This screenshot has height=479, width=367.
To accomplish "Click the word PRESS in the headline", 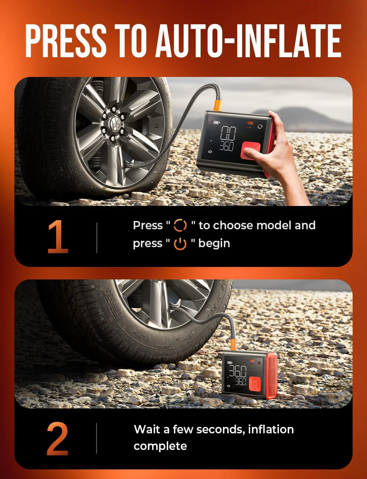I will pos(66,41).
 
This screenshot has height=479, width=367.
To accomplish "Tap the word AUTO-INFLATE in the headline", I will pos(248,41).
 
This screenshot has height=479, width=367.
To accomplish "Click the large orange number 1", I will pos(58,237).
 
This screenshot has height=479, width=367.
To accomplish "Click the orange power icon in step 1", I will pos(180,244).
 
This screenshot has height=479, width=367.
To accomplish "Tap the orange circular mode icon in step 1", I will pos(180,225).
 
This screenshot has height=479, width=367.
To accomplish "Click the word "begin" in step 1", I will pos(214,243).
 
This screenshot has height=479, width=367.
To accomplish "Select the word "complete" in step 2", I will pos(160,446).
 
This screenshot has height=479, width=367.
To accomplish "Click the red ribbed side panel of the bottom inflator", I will pos(272,375).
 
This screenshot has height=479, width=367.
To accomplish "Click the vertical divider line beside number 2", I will pos(97,438).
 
